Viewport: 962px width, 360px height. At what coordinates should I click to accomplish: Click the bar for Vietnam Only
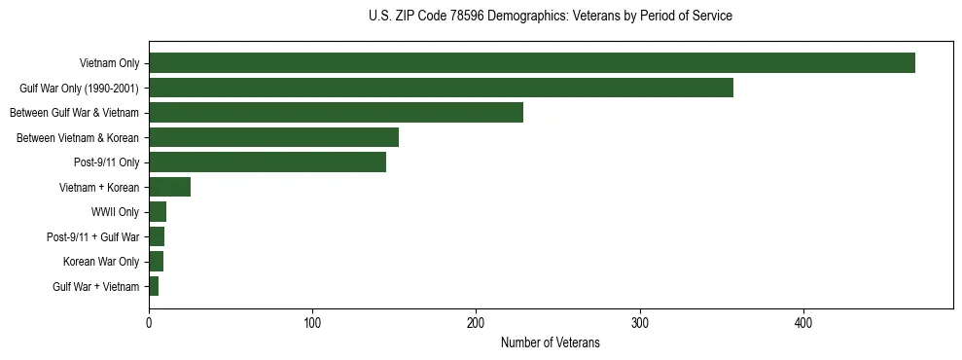(x=532, y=63)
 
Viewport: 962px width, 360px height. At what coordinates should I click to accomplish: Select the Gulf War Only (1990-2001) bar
(x=441, y=88)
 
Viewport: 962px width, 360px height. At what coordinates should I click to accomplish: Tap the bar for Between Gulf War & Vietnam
(x=336, y=113)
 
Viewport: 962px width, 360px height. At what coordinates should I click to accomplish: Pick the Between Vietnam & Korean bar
(x=273, y=137)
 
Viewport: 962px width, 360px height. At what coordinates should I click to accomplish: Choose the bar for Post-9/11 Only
(x=267, y=162)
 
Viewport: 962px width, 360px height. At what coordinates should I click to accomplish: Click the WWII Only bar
(x=158, y=212)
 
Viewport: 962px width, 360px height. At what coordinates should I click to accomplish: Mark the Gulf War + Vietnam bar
(x=154, y=286)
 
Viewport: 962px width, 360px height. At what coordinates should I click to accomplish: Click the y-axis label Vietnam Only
(x=109, y=64)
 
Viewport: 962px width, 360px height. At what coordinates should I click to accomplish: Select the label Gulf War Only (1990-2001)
(x=79, y=89)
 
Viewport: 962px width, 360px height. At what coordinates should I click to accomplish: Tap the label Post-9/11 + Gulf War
(x=92, y=236)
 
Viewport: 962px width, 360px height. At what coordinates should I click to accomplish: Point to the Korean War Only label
(x=100, y=262)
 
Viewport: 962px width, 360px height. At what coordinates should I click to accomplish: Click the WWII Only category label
(x=114, y=212)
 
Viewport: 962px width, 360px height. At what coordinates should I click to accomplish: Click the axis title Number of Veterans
(x=551, y=342)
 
